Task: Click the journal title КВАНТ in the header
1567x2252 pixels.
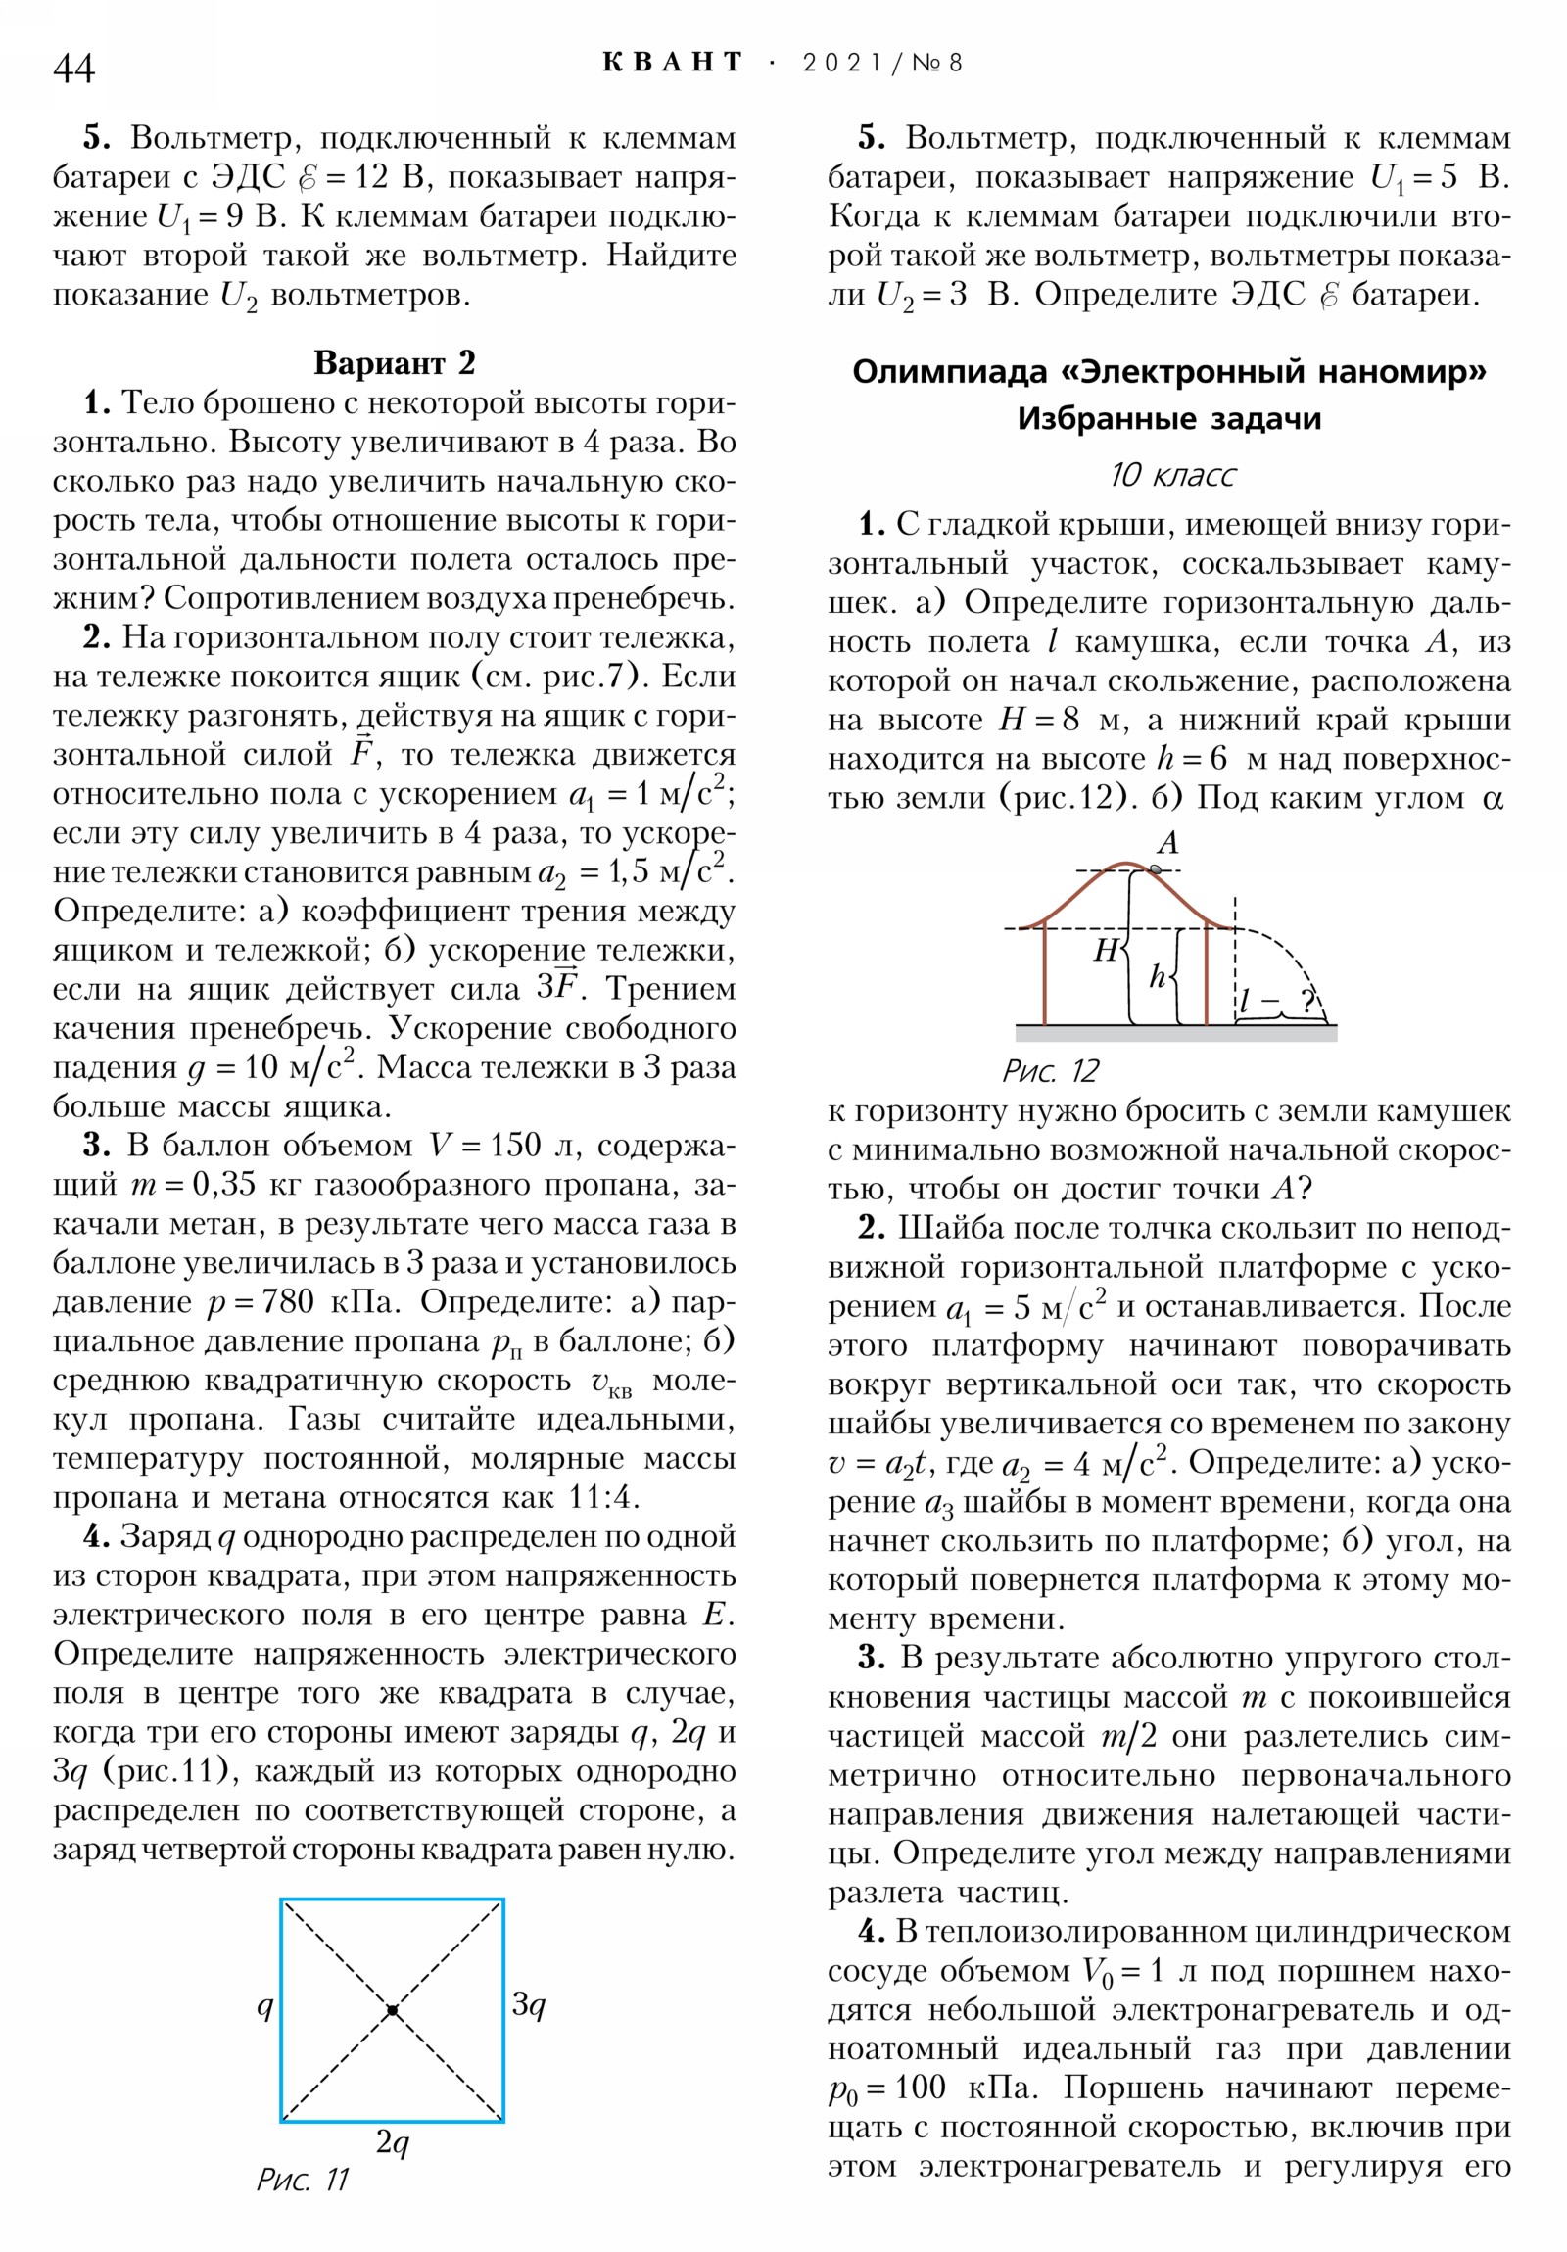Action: pyautogui.click(x=673, y=63)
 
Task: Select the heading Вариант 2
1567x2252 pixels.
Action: pyautogui.click(x=395, y=363)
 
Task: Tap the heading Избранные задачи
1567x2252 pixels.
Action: pyautogui.click(x=1168, y=419)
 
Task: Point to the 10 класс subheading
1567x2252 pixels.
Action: pyautogui.click(x=1171, y=475)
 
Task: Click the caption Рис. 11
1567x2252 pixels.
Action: pyautogui.click(x=303, y=2179)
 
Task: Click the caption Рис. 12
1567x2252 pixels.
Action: pyautogui.click(x=1050, y=1070)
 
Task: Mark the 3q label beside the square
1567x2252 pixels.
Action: pyautogui.click(x=529, y=2005)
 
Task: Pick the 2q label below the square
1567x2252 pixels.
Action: pyautogui.click(x=393, y=2142)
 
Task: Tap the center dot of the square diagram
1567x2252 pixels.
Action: pyautogui.click(x=393, y=2011)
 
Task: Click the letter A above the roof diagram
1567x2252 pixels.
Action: pyautogui.click(x=1167, y=842)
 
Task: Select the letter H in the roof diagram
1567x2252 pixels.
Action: pyautogui.click(x=1106, y=950)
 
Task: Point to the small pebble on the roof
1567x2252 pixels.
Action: pyautogui.click(x=1155, y=869)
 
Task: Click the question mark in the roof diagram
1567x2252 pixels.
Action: pyautogui.click(x=1307, y=1000)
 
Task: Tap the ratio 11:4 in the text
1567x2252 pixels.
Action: pyautogui.click(x=604, y=1497)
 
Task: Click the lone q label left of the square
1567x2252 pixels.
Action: pyautogui.click(x=264, y=2007)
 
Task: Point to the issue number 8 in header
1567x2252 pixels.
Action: pyautogui.click(x=955, y=63)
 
